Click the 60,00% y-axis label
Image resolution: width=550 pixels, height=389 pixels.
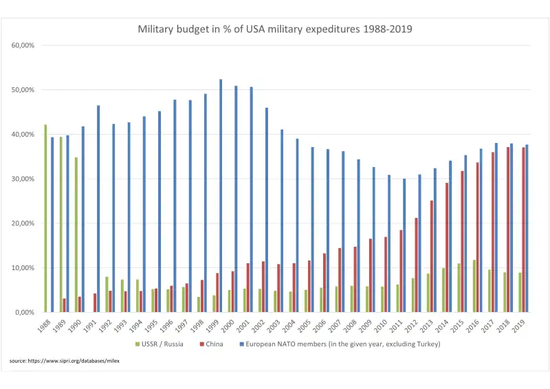(23, 45)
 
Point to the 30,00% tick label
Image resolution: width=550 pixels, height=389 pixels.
(23, 179)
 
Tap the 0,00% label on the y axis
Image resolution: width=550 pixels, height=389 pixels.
(25, 312)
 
